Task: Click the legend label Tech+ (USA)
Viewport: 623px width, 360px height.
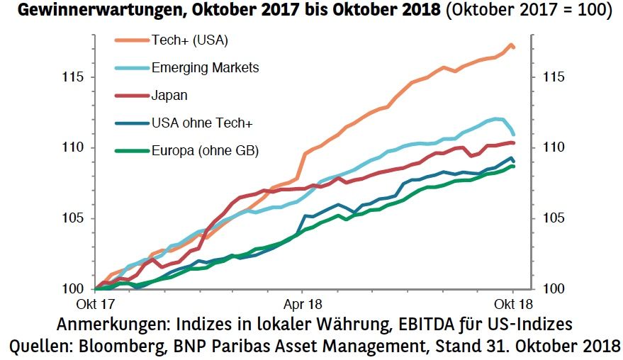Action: pyautogui.click(x=189, y=40)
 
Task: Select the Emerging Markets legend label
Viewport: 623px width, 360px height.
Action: pyautogui.click(x=205, y=68)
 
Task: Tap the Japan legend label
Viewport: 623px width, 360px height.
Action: pyautogui.click(x=169, y=95)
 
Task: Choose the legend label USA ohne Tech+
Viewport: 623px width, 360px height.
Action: pyautogui.click(x=202, y=123)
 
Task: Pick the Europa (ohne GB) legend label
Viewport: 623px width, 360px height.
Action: pyautogui.click(x=205, y=150)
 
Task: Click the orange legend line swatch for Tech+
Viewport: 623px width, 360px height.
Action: pyautogui.click(x=131, y=40)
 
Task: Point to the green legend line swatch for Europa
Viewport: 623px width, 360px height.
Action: pyautogui.click(x=131, y=150)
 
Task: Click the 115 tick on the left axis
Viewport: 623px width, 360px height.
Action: pyautogui.click(x=74, y=77)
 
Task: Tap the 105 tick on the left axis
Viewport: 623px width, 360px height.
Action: pyautogui.click(x=74, y=218)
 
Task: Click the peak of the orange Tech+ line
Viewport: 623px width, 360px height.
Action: pyautogui.click(x=510, y=45)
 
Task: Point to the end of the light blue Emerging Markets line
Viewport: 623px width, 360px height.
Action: pyautogui.click(x=513, y=134)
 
